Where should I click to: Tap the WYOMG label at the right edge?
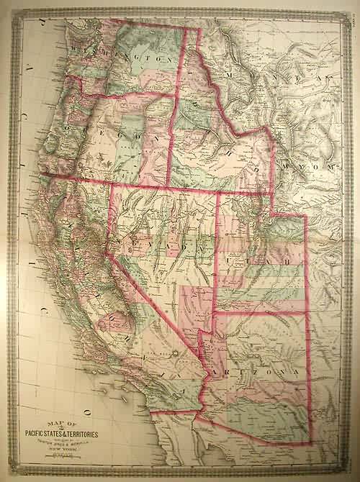coord(310,167)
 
